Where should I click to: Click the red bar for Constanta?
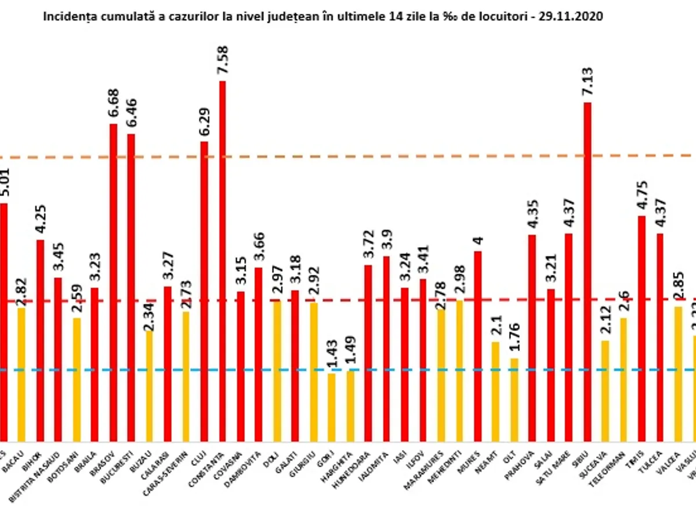pos(222,261)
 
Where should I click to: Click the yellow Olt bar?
pos(514,400)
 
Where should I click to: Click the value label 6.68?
pos(113,103)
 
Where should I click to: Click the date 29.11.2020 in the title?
pos(572,17)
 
